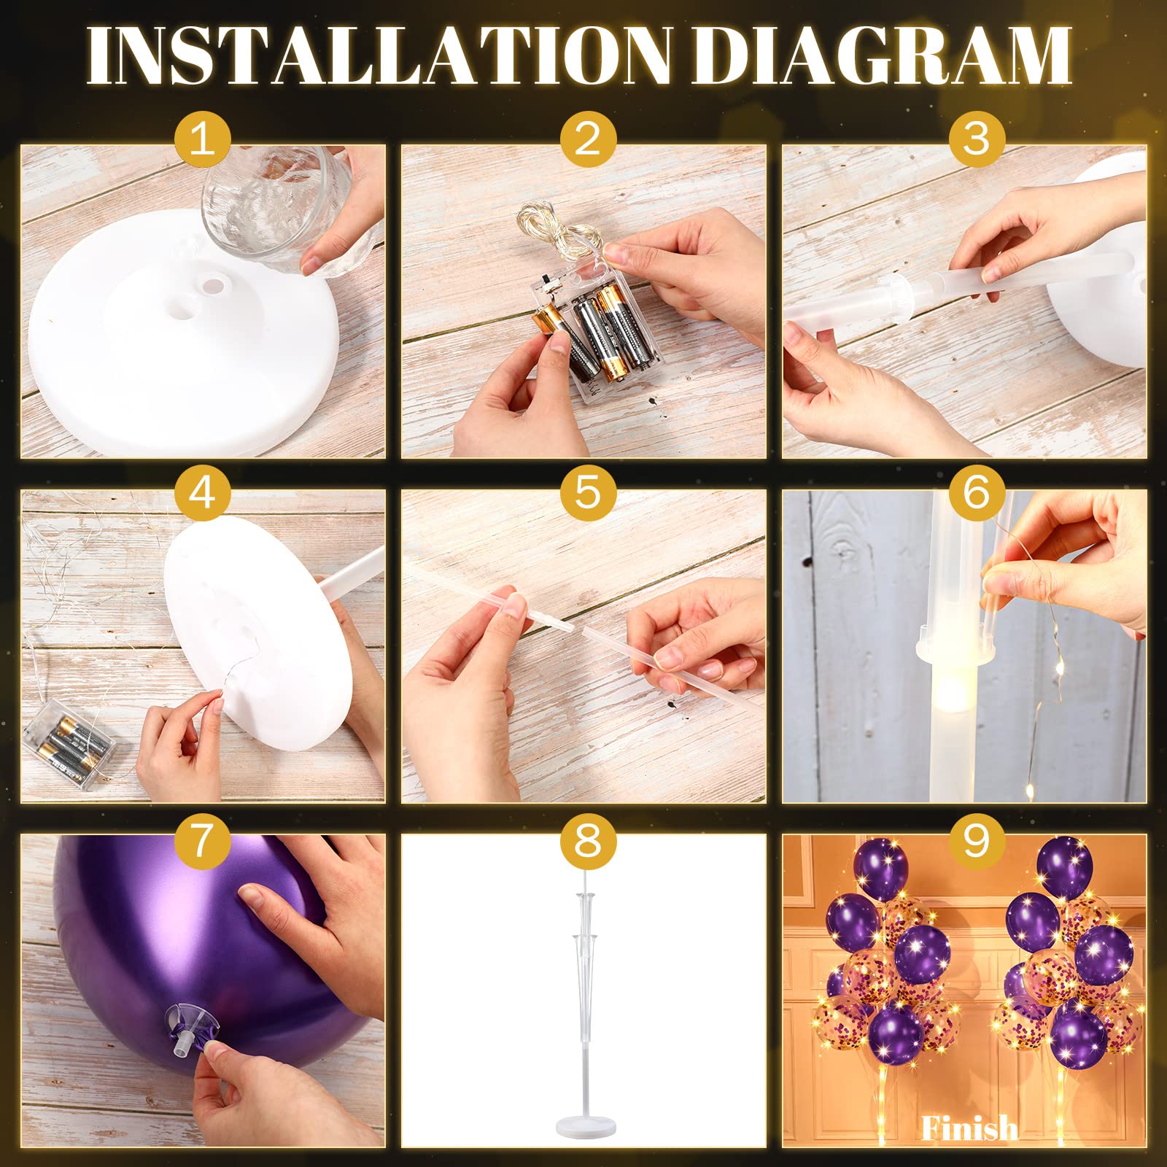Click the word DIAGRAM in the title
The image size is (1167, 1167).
tap(883, 56)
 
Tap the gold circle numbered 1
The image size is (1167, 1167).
tap(203, 138)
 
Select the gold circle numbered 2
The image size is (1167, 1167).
tap(588, 138)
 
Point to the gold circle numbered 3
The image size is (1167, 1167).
tap(977, 138)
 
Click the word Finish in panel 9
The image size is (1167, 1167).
tap(969, 1128)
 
